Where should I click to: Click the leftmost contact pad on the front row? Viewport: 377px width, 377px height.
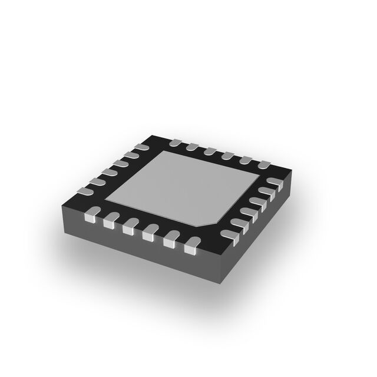point(91,219)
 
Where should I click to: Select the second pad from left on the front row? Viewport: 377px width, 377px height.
point(110,224)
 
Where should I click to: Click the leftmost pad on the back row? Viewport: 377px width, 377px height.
point(175,143)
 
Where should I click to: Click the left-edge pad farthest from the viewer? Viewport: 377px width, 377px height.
point(141,147)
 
